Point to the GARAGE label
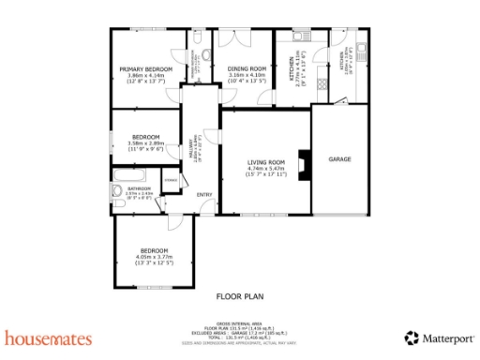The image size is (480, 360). click(339, 159)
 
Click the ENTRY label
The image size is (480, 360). click(204, 195)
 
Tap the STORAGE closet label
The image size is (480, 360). click(171, 180)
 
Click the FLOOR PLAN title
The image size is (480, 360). click(239, 295)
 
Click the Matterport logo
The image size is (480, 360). click(439, 337)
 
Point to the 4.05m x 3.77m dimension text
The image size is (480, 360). click(154, 258)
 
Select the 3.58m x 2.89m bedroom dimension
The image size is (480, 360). click(145, 143)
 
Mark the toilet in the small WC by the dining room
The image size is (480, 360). click(203, 56)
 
